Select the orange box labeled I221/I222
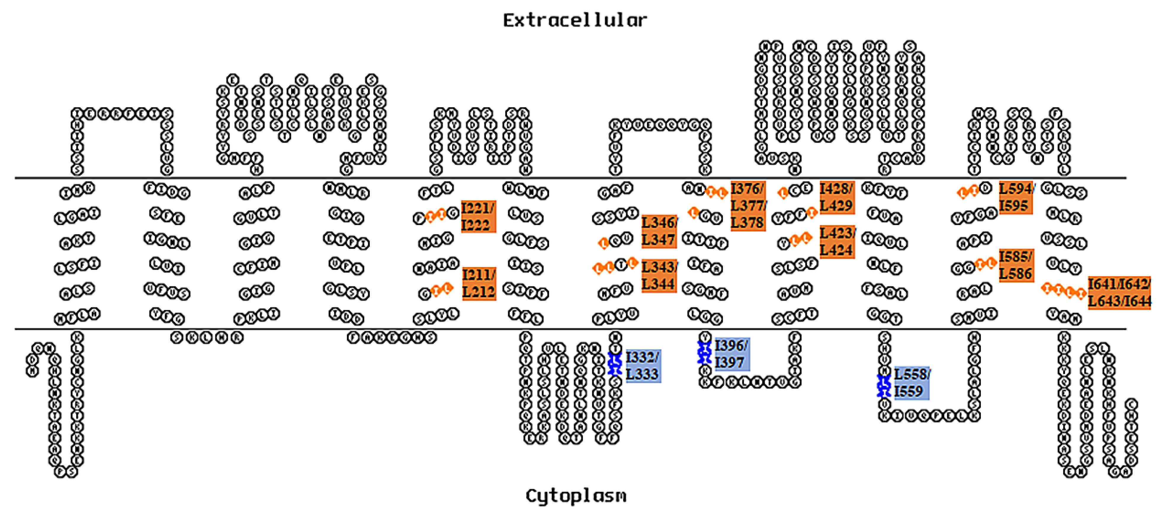(x=478, y=217)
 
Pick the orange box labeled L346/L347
(x=659, y=231)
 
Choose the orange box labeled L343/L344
(x=659, y=275)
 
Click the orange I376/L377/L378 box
(x=747, y=206)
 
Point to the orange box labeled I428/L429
(x=837, y=197)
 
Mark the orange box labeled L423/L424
(x=837, y=242)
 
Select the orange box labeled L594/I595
(x=1015, y=197)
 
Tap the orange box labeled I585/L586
(x=1016, y=265)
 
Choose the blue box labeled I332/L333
(x=643, y=366)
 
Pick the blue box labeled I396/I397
(x=732, y=354)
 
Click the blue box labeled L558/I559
(x=911, y=383)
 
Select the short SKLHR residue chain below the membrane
(x=207, y=337)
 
